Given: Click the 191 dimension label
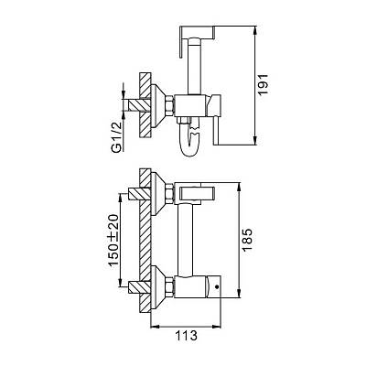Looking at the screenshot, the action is point(263,84).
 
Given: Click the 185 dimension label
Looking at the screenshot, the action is point(247,240).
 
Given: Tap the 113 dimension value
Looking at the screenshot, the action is point(186,336).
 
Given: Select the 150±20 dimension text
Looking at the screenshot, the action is point(113,240).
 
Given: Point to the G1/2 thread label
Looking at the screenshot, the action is point(117,136).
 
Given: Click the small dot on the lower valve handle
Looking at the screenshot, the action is point(217,286).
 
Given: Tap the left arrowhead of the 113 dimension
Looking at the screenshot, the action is point(156,327).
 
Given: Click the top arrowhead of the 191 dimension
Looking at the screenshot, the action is point(255,30).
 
